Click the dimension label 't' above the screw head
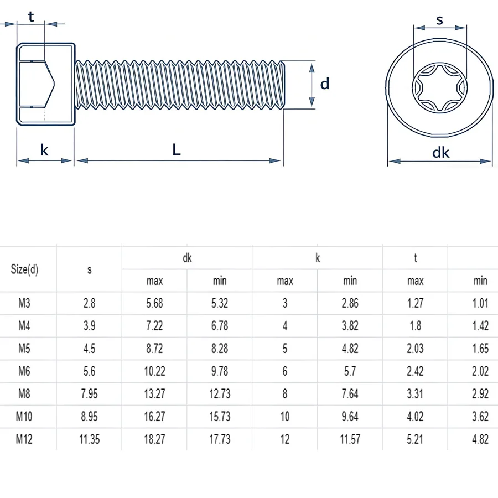pos(31,17)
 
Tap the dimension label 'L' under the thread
pos(177,149)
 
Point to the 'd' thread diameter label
pos(325,84)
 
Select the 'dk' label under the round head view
pos(440,153)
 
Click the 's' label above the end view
pos(439,20)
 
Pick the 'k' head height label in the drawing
pos(44,150)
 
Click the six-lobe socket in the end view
pos(440,87)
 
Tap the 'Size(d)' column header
pos(24,269)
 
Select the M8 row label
pos(24,394)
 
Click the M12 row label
pos(24,439)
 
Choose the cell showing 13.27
pos(155,394)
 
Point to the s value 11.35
pos(90,439)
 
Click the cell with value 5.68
pos(155,303)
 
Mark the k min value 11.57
pos(350,439)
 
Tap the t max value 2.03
pos(415,349)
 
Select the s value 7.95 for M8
pos(90,394)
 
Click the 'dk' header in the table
pos(188,258)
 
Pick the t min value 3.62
pos(480,416)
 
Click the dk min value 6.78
pos(220,325)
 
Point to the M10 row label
pos(24,416)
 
